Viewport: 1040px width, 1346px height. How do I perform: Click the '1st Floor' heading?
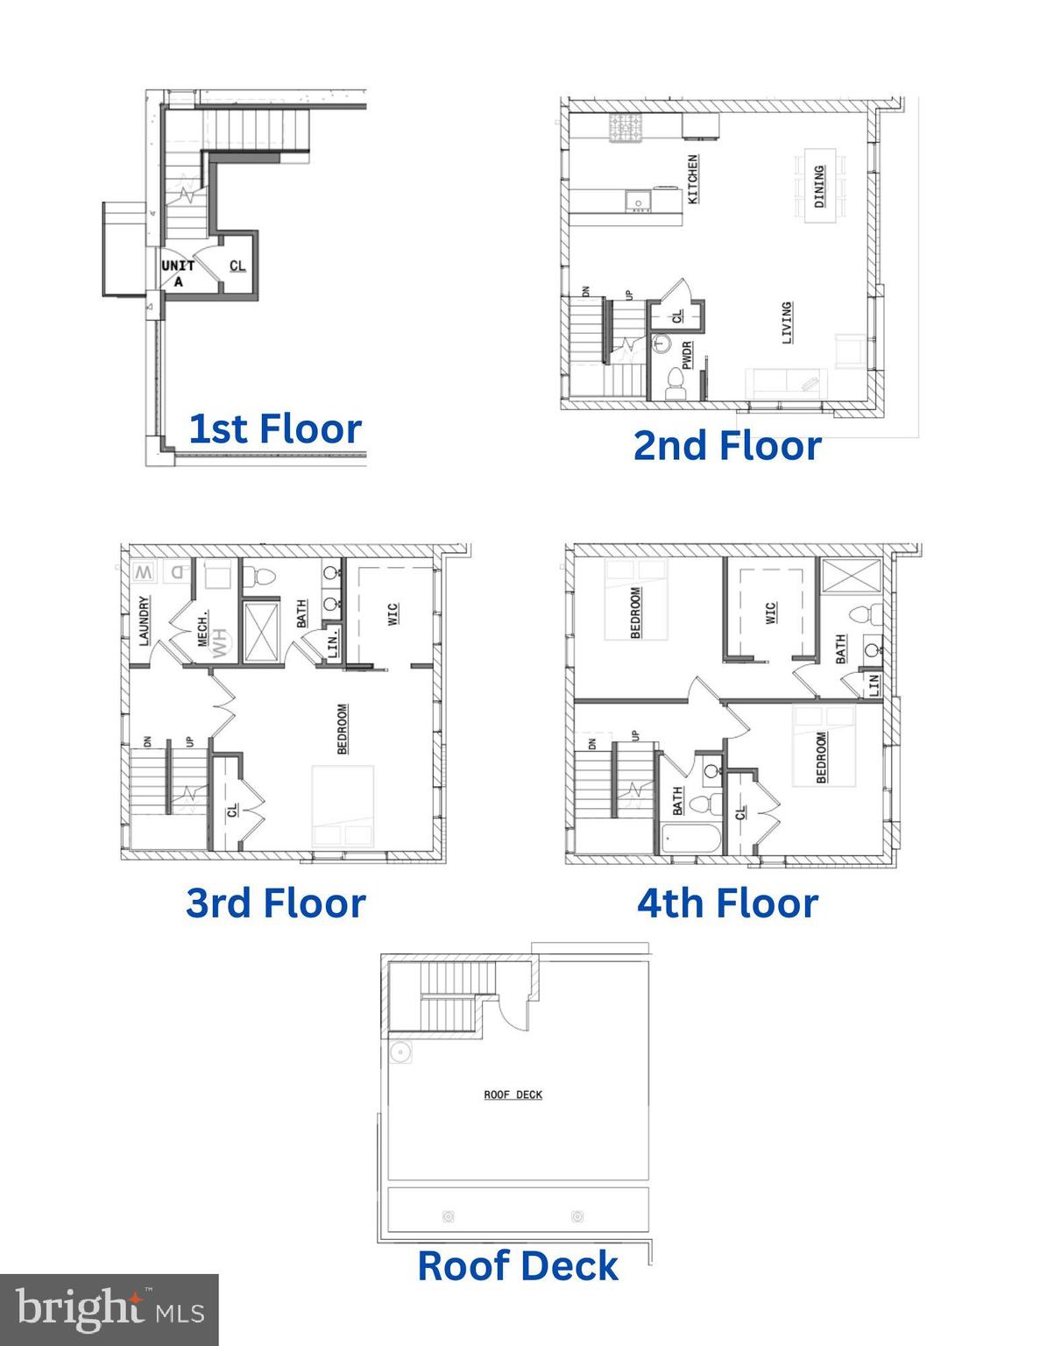click(275, 429)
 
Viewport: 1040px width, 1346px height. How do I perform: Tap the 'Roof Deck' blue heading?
click(518, 1266)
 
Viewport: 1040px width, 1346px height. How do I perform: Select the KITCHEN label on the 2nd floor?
click(693, 180)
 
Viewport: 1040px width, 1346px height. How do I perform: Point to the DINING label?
click(820, 187)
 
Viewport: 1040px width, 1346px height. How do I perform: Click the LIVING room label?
click(787, 322)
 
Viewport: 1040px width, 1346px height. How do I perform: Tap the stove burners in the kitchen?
click(626, 128)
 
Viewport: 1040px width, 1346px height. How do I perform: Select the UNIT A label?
click(178, 273)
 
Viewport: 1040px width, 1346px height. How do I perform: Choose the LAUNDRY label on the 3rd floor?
click(145, 620)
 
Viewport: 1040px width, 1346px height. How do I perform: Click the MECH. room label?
click(203, 627)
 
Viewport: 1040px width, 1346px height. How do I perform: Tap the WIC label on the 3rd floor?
click(392, 613)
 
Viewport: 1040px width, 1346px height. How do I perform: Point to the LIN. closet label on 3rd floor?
click(333, 643)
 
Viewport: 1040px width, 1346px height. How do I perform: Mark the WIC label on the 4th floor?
click(771, 613)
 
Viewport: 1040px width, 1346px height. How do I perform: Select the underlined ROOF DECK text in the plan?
click(513, 1095)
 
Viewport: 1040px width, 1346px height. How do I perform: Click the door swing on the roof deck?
click(512, 1012)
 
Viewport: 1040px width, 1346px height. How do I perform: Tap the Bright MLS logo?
click(109, 1309)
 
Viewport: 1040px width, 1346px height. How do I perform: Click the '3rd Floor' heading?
click(275, 903)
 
